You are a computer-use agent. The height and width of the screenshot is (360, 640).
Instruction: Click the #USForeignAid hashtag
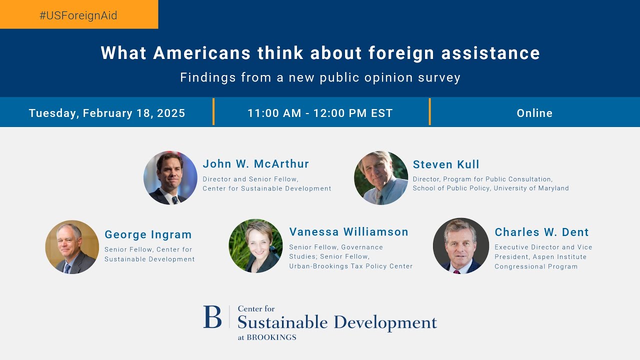click(x=78, y=15)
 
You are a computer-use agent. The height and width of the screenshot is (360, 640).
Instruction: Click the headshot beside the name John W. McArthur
click(x=170, y=178)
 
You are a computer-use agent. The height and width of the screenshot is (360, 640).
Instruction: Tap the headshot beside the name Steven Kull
click(x=381, y=178)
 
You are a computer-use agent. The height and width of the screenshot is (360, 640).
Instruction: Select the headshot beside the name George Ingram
click(x=72, y=247)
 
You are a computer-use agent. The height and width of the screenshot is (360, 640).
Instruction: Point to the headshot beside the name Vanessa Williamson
click(x=255, y=246)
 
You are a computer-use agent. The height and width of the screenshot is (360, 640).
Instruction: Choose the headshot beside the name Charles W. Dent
click(x=460, y=246)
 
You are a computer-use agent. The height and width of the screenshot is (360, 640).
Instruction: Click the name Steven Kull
click(x=446, y=164)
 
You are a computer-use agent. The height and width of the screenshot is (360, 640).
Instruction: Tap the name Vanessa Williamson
click(x=349, y=232)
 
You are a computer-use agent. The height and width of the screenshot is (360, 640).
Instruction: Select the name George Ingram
click(x=148, y=234)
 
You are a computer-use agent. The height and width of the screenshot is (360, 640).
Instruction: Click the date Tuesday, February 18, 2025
click(x=107, y=113)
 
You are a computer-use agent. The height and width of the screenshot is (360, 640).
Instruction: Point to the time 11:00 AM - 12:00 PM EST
click(x=320, y=113)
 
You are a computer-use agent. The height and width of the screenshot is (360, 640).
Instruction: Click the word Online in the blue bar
click(x=534, y=113)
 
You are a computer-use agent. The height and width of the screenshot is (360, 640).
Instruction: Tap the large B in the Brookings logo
click(x=212, y=317)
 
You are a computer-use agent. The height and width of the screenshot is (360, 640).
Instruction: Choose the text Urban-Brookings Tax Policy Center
click(x=351, y=266)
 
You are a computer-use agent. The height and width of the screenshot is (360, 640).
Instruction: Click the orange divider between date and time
click(x=213, y=111)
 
